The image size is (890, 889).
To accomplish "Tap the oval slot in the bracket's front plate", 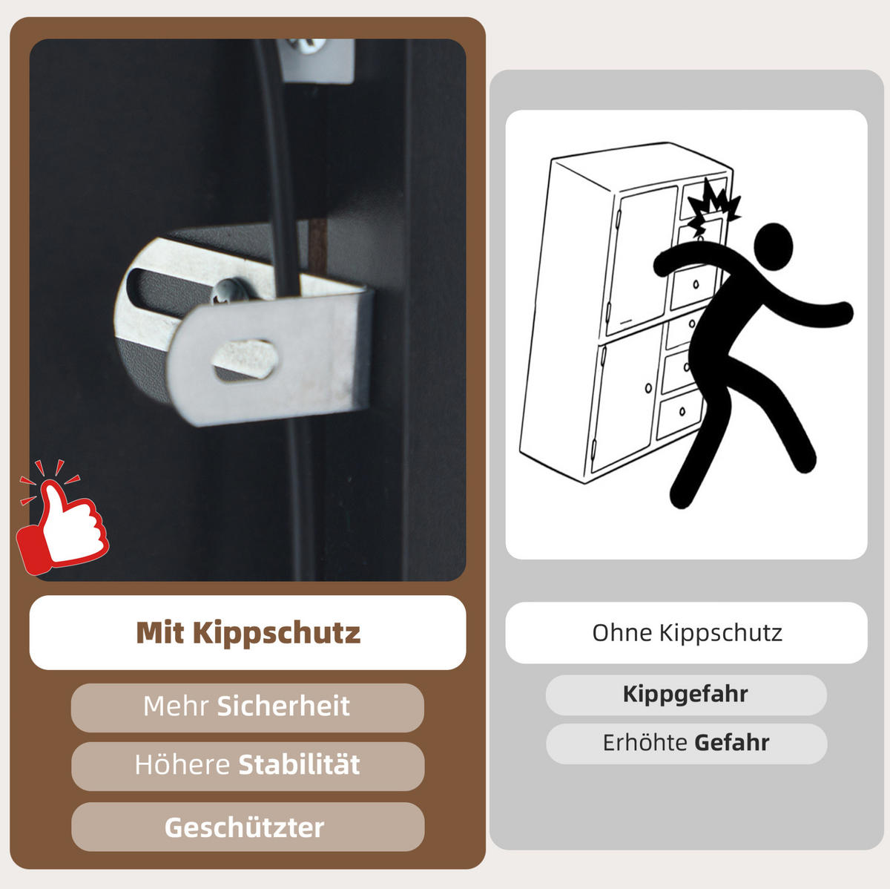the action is click(x=245, y=360).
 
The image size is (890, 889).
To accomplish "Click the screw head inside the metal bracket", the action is click(x=229, y=291).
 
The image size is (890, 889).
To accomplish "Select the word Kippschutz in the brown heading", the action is click(x=276, y=633).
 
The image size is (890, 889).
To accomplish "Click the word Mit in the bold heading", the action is click(x=160, y=632).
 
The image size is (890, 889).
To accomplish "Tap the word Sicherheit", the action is click(x=283, y=706).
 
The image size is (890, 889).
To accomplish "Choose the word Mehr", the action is click(x=176, y=706).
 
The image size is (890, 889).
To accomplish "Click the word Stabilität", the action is click(x=299, y=764).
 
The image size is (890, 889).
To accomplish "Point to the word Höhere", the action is click(x=182, y=764).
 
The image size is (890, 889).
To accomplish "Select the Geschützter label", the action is click(x=244, y=827).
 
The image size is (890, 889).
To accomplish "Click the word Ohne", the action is click(x=622, y=633).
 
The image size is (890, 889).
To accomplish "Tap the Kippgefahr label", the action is click(x=685, y=694).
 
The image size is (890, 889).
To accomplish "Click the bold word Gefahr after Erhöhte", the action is click(x=732, y=743).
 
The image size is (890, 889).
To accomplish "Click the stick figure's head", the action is click(x=773, y=246).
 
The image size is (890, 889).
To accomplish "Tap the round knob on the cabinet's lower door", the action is click(x=648, y=387).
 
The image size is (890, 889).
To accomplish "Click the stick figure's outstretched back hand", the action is click(x=844, y=313).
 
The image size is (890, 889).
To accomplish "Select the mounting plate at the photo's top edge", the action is click(x=316, y=60).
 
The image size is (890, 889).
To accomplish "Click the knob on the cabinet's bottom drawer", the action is click(x=682, y=411).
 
